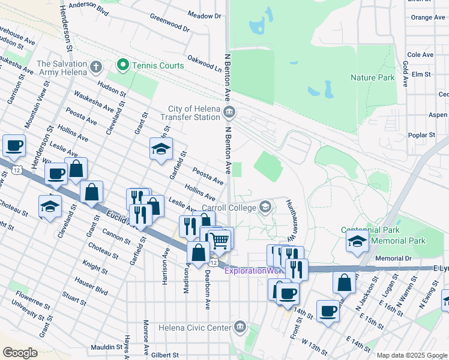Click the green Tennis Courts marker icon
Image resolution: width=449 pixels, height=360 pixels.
coord(124,65)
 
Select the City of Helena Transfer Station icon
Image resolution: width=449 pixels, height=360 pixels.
coord(229,112)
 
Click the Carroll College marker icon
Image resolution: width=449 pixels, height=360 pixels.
coord(265,208)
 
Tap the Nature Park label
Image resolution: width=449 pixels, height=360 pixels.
coord(372,77)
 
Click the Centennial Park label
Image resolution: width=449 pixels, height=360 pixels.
coord(370,230)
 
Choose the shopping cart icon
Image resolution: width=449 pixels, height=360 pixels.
coord(220,240)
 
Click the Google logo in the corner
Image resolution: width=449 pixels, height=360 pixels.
coord(20,352)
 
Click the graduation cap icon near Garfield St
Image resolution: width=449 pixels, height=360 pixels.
coord(161,149)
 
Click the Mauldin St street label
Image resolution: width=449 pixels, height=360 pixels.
coord(107,347)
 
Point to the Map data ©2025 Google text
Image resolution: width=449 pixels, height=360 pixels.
coord(412,355)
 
